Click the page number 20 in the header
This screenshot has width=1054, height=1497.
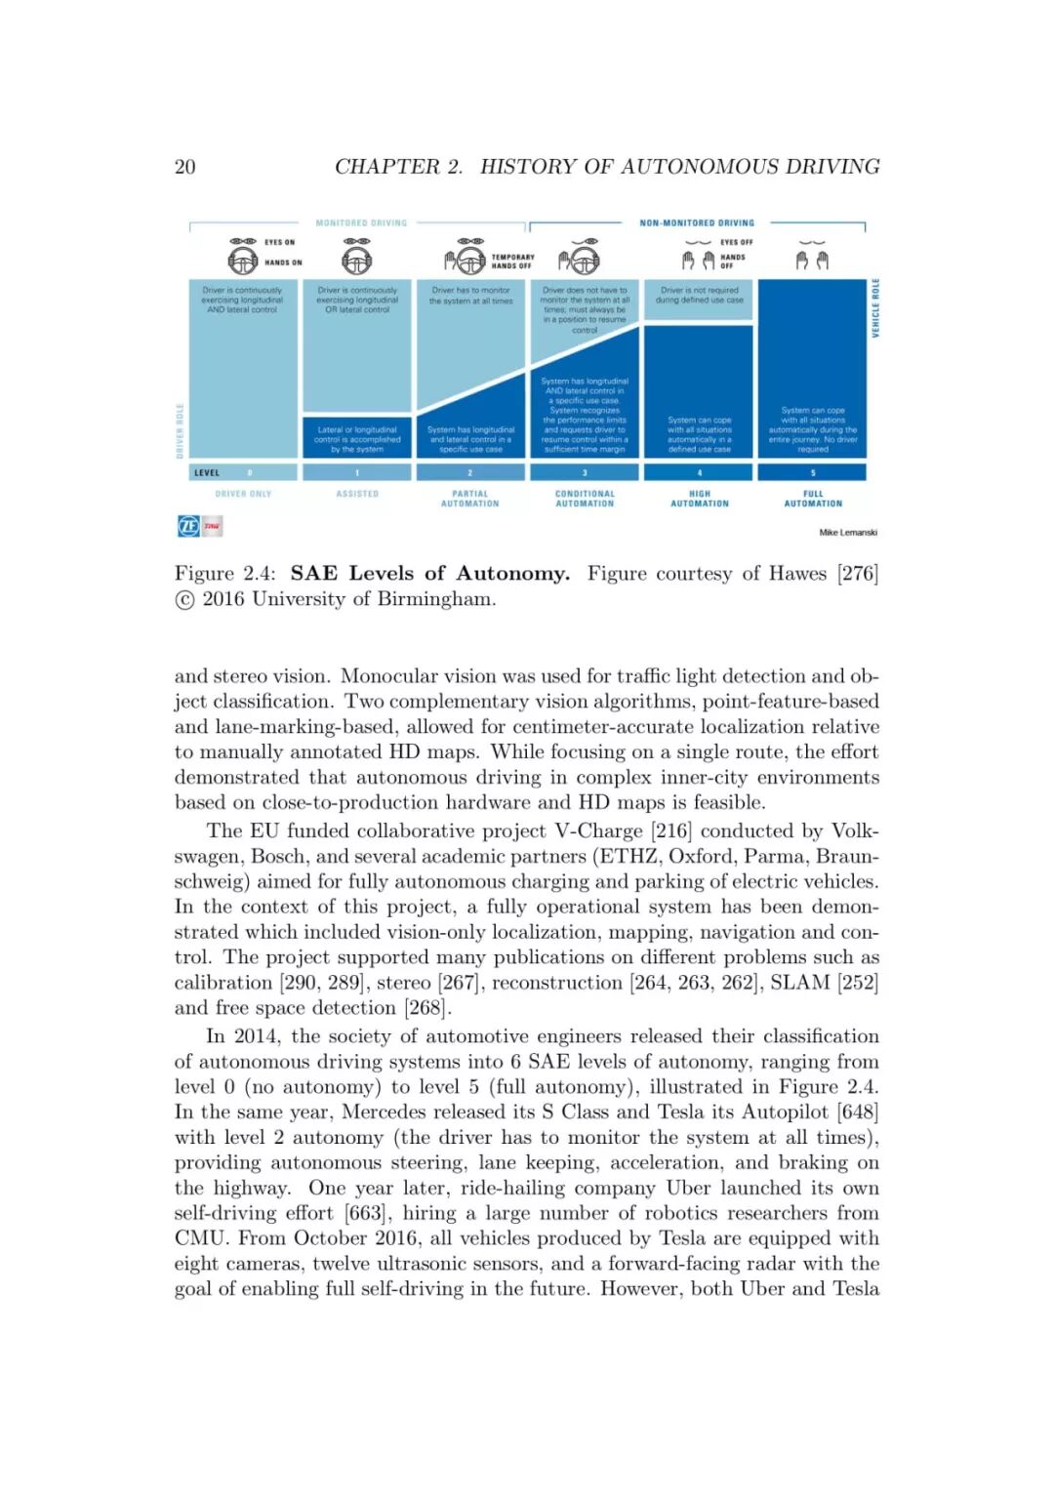tap(184, 167)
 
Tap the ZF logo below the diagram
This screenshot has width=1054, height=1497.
tap(188, 526)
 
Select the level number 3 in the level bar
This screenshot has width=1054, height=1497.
tap(585, 472)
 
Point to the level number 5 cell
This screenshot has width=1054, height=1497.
tap(813, 472)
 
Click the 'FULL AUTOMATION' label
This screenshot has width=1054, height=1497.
tap(813, 499)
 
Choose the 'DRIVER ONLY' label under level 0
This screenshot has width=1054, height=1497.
tap(243, 494)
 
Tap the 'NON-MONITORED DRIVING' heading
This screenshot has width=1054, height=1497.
tap(697, 223)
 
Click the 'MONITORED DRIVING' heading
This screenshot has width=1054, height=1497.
tap(361, 223)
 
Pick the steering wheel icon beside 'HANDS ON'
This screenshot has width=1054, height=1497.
tap(243, 261)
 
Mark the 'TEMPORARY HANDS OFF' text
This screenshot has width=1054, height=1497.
tap(512, 261)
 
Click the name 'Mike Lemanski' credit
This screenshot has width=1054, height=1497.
tap(847, 533)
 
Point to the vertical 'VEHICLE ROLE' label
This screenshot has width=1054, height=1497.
tap(875, 308)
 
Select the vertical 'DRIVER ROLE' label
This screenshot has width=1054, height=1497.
tap(180, 430)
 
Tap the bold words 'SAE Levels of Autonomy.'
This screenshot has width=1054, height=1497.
tap(429, 574)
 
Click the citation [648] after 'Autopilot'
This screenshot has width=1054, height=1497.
tap(858, 1113)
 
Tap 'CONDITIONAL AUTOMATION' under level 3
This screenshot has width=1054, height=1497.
tap(585, 499)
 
